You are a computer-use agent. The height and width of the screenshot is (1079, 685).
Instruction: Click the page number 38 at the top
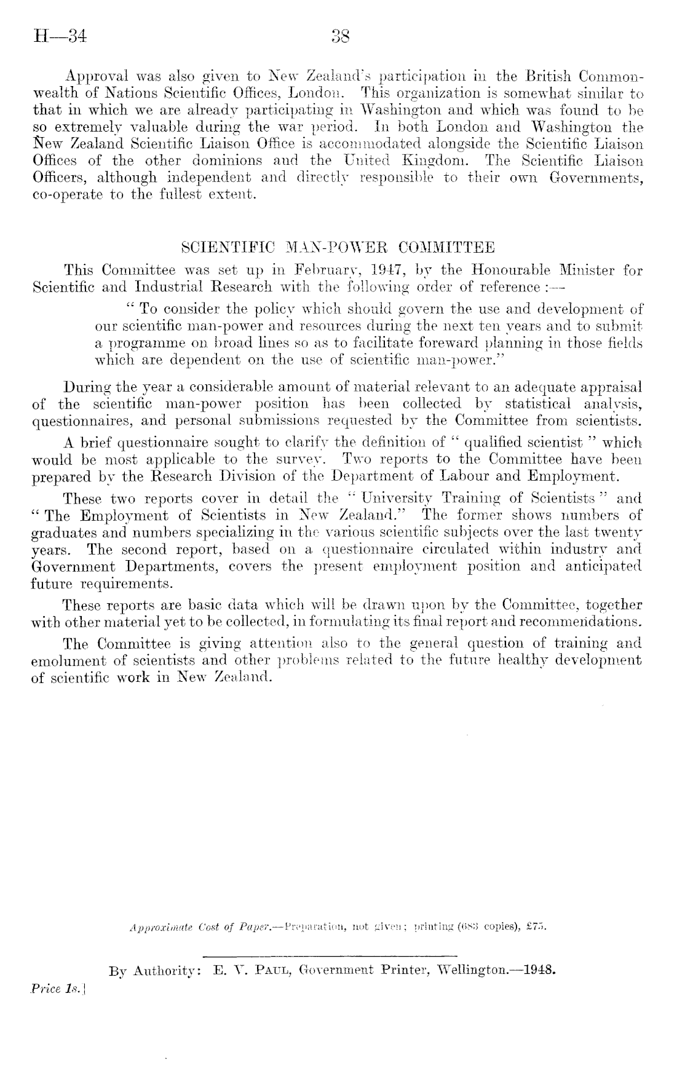point(340,38)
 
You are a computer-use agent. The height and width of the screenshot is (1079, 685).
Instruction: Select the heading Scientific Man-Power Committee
point(339,249)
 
